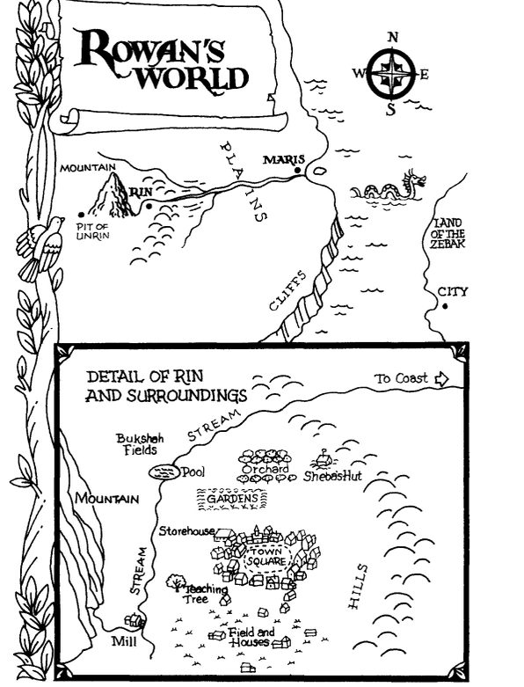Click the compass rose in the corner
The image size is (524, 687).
point(391,73)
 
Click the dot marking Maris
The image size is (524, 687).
point(298,170)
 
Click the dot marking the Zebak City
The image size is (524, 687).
point(446,306)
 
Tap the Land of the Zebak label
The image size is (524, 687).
point(448,233)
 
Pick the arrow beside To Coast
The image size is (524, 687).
point(440,378)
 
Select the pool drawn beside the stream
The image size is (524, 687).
point(164,472)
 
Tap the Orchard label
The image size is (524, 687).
point(265,469)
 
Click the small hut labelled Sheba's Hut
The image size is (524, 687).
point(324,460)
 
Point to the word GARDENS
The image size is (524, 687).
point(232,499)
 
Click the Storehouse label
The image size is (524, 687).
point(186,530)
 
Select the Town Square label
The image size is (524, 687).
point(265,557)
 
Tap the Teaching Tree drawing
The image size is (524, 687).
point(176,581)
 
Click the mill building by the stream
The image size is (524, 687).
point(135,620)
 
